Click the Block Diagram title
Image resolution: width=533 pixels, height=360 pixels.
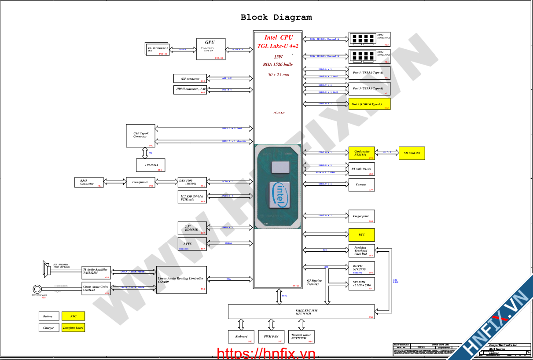pos(276,18)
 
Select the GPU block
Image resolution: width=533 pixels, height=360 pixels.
pos(210,49)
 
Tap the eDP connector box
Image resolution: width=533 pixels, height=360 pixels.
pos(190,79)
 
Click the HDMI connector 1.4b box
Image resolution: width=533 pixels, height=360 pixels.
pos(190,89)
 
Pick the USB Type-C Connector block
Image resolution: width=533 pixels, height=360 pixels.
pos(141,136)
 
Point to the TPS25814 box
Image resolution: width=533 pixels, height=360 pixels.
pos(150,165)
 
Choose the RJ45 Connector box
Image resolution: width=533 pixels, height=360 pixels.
pos(89,182)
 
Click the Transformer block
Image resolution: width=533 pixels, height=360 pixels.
pos(141,182)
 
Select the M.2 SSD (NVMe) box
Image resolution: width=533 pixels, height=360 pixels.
pos(191,198)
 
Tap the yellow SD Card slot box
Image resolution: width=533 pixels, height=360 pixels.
pos(412,153)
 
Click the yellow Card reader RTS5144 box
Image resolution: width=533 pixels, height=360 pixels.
pos(361,153)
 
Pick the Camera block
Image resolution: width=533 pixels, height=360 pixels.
pos(361,185)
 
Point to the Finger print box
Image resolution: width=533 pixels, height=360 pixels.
pos(361,216)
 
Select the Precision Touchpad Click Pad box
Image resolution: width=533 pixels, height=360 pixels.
pos(361,251)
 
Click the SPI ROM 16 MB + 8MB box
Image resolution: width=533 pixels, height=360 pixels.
pos(361,284)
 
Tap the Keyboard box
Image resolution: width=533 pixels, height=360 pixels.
pos(241,337)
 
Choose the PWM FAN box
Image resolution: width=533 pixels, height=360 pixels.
pos(271,337)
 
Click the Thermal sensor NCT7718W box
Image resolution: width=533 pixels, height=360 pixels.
pos(301,337)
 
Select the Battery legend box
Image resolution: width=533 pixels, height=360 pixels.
pos(48,316)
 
